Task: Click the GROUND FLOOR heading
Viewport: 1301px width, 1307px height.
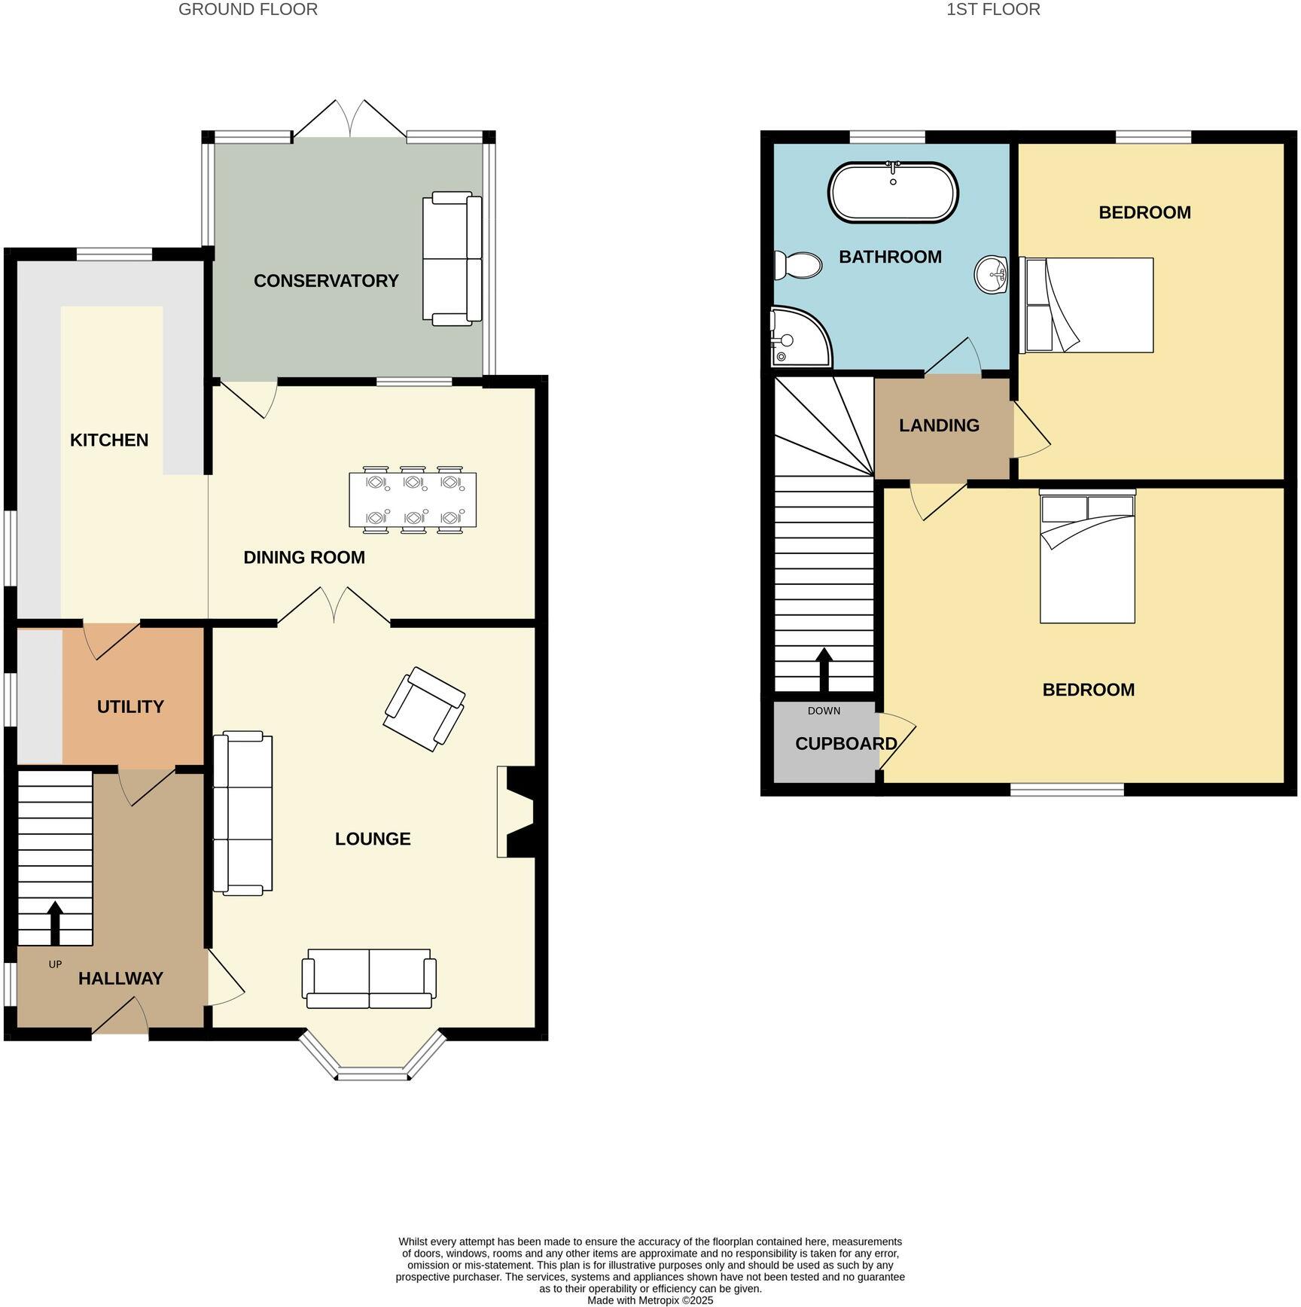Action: click(248, 10)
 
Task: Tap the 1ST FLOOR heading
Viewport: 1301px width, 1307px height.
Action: click(993, 10)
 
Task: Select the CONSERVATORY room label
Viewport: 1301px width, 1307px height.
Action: click(326, 281)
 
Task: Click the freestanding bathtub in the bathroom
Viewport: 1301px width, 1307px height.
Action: click(893, 193)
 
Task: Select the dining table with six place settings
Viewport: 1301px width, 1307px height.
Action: click(413, 500)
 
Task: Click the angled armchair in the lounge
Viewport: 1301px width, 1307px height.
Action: click(424, 708)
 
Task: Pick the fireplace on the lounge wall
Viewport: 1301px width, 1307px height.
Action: click(518, 812)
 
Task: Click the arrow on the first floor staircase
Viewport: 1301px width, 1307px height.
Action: click(824, 669)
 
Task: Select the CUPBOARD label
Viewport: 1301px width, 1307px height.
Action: click(845, 744)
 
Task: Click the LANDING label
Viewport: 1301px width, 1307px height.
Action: click(939, 425)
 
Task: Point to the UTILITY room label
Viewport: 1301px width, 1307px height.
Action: click(130, 707)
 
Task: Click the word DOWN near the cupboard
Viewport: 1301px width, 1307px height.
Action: click(824, 711)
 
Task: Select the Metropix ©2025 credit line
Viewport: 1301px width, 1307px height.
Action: click(650, 1300)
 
